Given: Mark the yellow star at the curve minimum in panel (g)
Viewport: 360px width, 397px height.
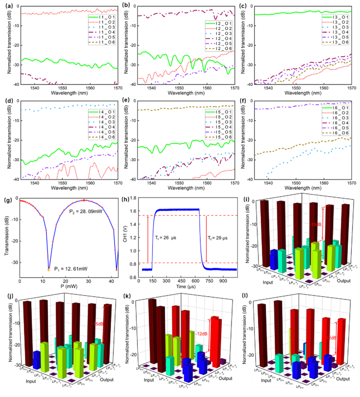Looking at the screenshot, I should coord(48,269).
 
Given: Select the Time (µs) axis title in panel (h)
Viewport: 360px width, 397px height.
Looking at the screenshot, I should coord(188,290).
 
